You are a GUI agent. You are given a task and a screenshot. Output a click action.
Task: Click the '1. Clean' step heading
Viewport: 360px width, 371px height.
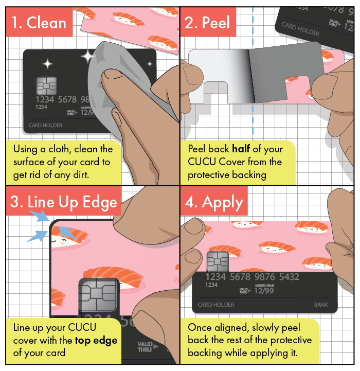click(39, 23)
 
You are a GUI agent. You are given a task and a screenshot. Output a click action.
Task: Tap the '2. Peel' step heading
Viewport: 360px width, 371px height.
click(207, 23)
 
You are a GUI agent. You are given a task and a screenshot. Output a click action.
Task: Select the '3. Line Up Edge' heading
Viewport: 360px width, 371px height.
click(64, 203)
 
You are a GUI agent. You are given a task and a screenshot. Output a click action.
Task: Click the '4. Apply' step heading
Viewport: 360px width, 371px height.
click(214, 203)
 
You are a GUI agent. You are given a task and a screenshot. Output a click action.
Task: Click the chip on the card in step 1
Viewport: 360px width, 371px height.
click(47, 85)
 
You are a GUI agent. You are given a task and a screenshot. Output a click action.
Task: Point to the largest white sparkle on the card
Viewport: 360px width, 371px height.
click(88, 57)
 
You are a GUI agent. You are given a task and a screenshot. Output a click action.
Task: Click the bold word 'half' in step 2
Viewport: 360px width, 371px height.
click(241, 149)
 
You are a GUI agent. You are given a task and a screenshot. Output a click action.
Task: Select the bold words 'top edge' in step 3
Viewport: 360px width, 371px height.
click(96, 341)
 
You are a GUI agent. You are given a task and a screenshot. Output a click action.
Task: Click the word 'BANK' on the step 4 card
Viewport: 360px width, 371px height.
click(321, 305)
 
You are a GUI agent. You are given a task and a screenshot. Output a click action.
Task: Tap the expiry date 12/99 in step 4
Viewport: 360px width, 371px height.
click(264, 290)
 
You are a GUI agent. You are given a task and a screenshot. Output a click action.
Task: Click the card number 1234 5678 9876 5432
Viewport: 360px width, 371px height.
click(252, 277)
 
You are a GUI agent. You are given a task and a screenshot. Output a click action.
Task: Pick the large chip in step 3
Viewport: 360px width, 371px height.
click(98, 295)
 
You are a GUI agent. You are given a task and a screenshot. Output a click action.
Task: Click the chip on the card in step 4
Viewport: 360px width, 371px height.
click(218, 261)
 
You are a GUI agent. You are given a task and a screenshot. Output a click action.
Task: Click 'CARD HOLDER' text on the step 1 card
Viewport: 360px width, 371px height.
click(45, 126)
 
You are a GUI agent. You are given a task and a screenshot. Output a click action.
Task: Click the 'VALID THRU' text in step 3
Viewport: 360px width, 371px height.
click(145, 347)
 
